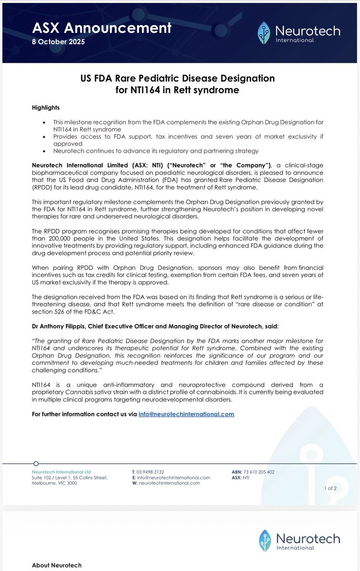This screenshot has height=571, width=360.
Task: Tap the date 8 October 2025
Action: pyautogui.click(x=58, y=42)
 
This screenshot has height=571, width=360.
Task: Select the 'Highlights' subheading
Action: pyautogui.click(x=46, y=107)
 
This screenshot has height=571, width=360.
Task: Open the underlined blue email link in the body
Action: pyautogui.click(x=186, y=414)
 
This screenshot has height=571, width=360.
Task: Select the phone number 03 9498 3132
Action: pyautogui.click(x=151, y=472)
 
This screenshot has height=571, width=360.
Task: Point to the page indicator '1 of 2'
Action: pyautogui.click(x=330, y=488)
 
